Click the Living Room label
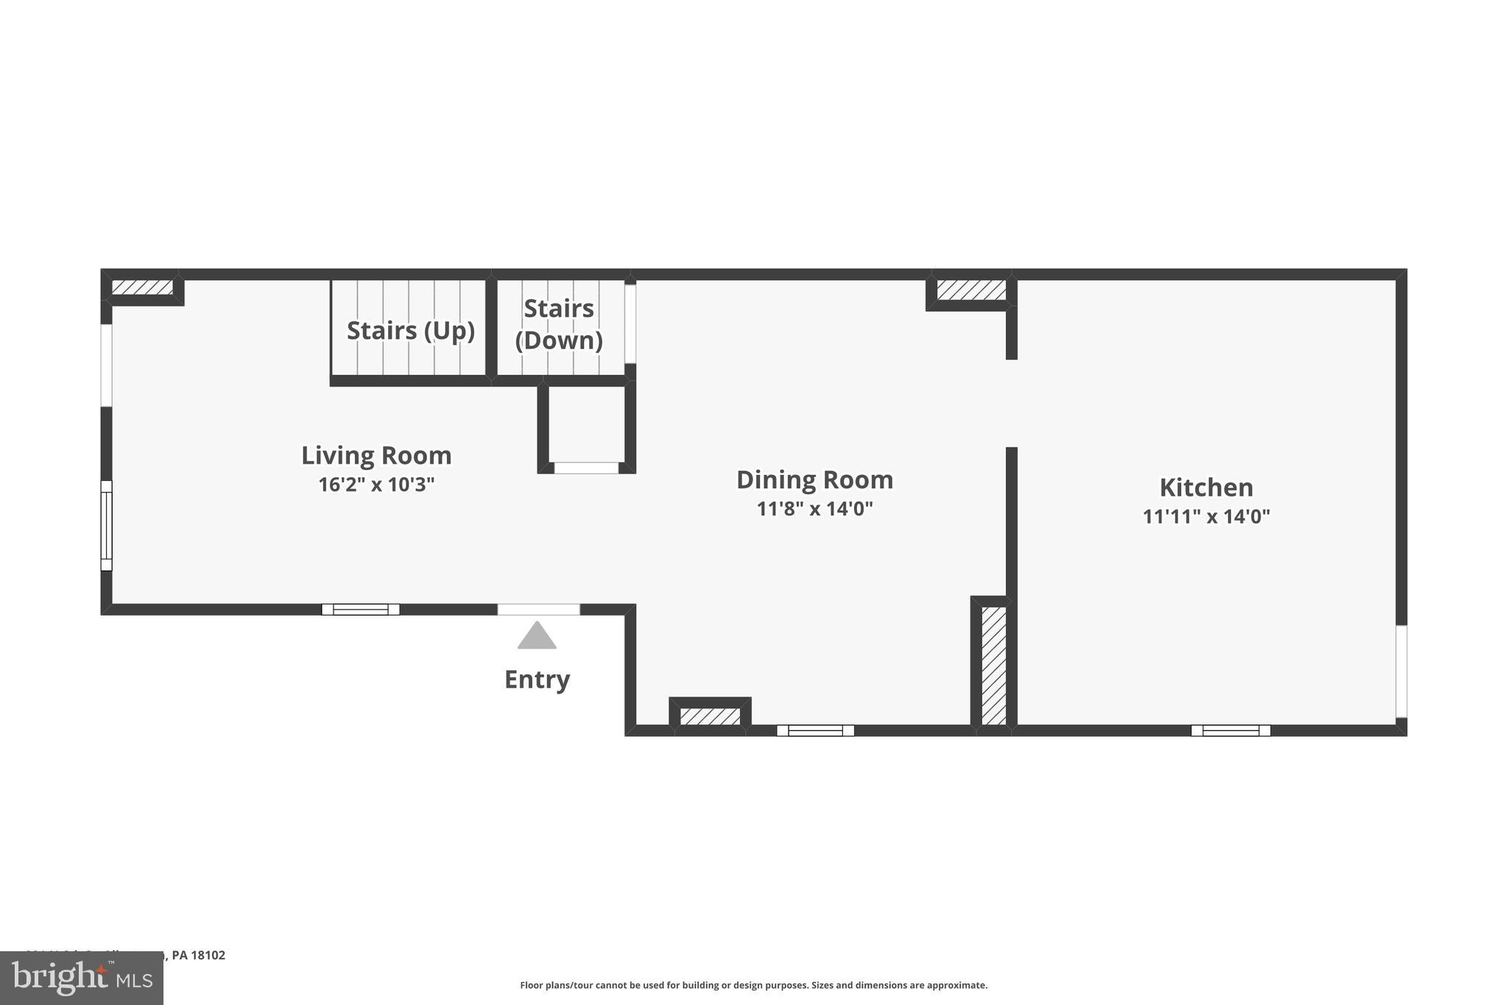[376, 456]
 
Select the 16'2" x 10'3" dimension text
[376, 484]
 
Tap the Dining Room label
[814, 480]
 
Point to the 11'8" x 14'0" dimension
[814, 509]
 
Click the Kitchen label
[1206, 487]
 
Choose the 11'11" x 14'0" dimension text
[1206, 516]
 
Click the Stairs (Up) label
[410, 331]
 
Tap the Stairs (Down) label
[559, 324]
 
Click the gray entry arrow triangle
[537, 637]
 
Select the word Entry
[537, 679]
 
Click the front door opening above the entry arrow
[538, 609]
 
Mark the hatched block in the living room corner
[142, 287]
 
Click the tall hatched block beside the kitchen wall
[993, 665]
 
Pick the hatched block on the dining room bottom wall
[710, 716]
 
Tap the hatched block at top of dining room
[971, 290]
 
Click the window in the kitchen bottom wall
[1230, 730]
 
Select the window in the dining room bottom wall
[815, 730]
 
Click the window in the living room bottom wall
[360, 609]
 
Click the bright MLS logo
[81, 978]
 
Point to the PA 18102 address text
[198, 955]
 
